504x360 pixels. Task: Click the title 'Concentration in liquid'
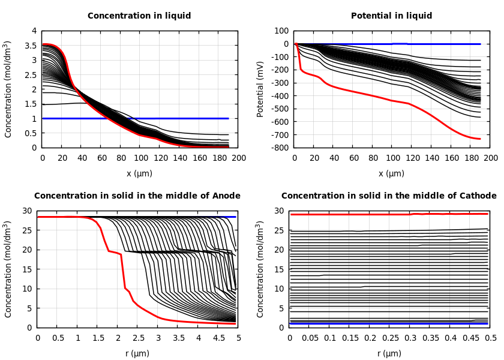click(x=139, y=16)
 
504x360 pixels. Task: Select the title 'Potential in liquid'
click(x=391, y=16)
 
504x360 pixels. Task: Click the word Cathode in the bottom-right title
click(x=477, y=196)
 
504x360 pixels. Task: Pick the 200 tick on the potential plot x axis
click(x=490, y=158)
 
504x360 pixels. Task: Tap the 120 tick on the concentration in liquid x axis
click(x=160, y=158)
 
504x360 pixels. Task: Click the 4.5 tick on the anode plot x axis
click(x=218, y=338)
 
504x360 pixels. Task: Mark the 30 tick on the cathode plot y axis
click(x=280, y=211)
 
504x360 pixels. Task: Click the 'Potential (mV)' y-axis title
click(x=260, y=89)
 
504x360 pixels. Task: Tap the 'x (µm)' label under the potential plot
click(x=391, y=173)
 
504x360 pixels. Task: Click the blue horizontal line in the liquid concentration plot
click(x=180, y=118)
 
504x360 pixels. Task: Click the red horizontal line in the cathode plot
click(x=360, y=214)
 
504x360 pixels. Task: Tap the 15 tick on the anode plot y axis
click(x=28, y=269)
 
